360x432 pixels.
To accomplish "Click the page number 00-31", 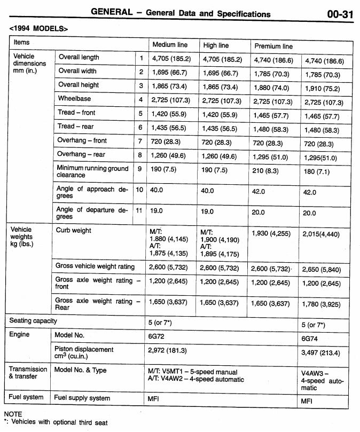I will [340, 14].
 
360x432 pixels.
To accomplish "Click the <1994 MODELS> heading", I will [38, 27].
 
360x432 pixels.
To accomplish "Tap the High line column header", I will [216, 45].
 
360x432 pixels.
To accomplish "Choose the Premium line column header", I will [273, 46].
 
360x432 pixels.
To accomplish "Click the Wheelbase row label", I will [74, 99].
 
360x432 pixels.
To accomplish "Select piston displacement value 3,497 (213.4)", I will [322, 353].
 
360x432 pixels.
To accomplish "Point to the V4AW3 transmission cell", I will [323, 380].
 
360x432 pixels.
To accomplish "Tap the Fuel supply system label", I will [82, 398].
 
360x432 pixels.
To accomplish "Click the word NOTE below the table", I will [13, 414].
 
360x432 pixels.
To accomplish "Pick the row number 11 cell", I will [139, 210].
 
